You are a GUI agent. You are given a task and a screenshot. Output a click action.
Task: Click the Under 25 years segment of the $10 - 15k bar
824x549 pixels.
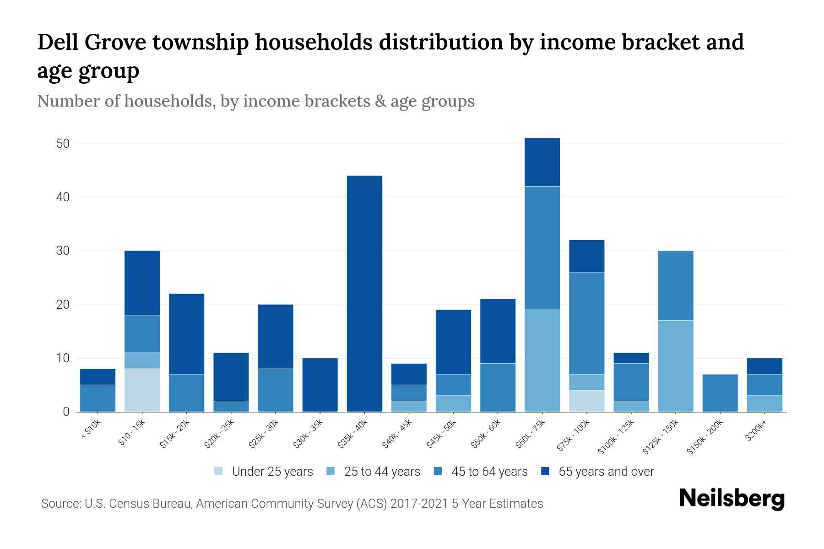tap(142, 390)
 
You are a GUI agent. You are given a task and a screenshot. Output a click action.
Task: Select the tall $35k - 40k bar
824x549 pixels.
tap(364, 293)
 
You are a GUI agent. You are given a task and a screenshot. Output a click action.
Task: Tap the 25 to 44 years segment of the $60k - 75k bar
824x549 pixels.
tap(542, 361)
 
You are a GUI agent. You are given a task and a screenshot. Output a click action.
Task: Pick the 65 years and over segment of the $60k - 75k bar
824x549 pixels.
tap(542, 162)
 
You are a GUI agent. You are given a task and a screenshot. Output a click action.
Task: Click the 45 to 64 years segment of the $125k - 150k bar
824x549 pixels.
tap(676, 285)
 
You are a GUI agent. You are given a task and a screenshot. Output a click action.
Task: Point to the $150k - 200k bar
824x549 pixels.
tap(720, 393)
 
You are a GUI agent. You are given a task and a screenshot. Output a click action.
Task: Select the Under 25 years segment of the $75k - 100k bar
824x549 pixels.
tap(587, 401)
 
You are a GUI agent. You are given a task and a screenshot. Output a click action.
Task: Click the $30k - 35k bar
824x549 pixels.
tap(320, 384)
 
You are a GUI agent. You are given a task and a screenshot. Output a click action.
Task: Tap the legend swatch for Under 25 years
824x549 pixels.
tap(219, 471)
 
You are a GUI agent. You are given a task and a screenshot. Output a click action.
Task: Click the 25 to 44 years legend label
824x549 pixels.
tap(382, 471)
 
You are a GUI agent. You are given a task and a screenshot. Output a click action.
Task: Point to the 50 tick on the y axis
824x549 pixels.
tap(63, 144)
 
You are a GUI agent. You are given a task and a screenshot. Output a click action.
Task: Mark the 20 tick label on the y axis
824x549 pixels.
tap(63, 305)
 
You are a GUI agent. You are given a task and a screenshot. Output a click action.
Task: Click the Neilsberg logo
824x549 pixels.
tap(732, 499)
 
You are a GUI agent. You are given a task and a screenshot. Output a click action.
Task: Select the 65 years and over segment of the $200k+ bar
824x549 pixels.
tap(764, 366)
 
